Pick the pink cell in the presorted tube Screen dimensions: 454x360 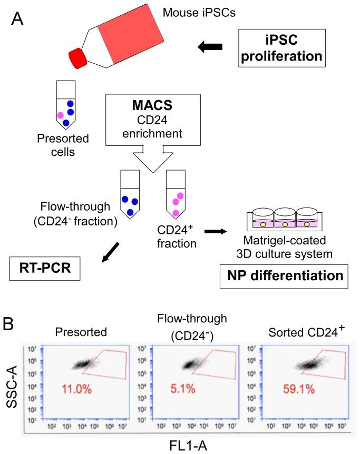[60, 115]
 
